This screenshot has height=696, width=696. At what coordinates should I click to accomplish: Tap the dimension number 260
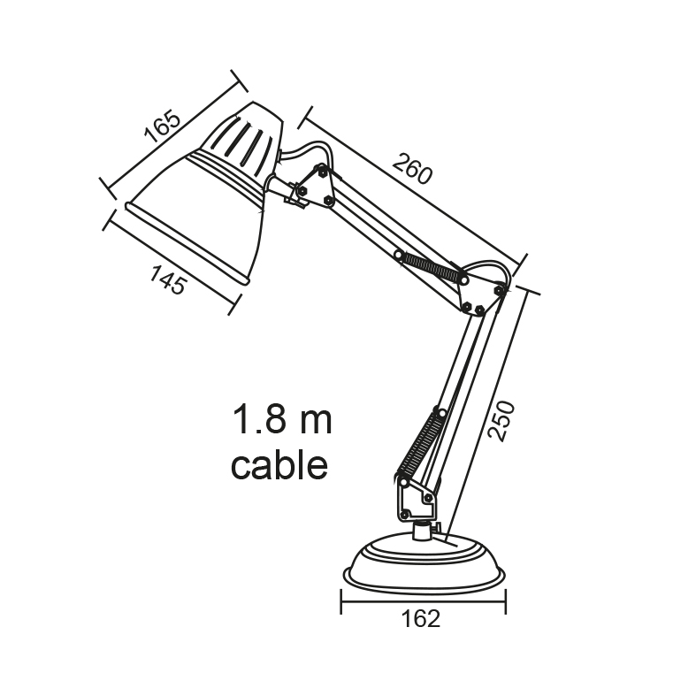pyautogui.click(x=412, y=169)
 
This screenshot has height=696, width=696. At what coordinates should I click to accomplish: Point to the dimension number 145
pyautogui.click(x=168, y=279)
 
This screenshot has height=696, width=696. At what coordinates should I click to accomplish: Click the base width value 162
pyautogui.click(x=421, y=618)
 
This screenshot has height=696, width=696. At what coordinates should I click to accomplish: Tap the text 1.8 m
pyautogui.click(x=282, y=419)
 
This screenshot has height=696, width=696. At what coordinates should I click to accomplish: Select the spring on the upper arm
pyautogui.click(x=431, y=268)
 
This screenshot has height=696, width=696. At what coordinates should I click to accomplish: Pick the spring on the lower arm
pyautogui.click(x=421, y=447)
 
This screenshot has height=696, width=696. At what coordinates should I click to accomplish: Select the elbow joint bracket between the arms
pyautogui.click(x=482, y=292)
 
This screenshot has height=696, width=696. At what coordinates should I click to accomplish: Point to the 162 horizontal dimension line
pyautogui.click(x=424, y=601)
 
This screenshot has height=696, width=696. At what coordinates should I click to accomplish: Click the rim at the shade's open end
pyautogui.click(x=187, y=244)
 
